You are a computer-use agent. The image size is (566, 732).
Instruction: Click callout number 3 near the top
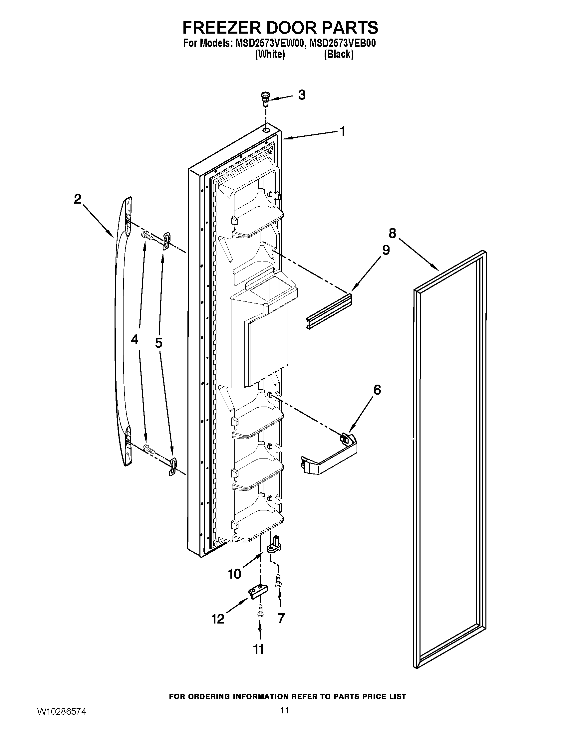point(302,95)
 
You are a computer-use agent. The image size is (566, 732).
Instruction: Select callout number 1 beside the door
point(342,131)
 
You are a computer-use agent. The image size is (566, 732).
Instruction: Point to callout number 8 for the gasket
point(392,233)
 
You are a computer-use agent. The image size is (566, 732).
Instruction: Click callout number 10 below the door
point(234,574)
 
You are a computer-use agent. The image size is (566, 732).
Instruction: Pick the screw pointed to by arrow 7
point(278,580)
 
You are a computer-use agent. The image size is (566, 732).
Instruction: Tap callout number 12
point(218,619)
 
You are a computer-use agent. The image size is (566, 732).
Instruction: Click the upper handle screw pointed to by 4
point(147,236)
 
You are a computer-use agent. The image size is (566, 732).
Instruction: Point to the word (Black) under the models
point(339,54)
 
